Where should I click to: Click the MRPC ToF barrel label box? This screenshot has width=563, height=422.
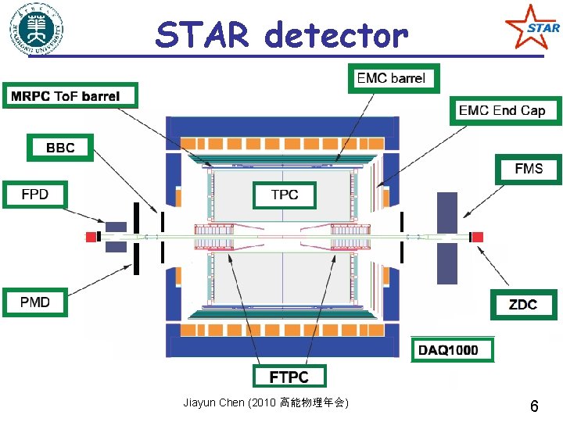70,96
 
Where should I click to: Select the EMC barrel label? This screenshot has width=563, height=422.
391,78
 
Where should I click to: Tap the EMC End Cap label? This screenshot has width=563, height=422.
501,110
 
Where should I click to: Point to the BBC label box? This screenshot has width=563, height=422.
60,147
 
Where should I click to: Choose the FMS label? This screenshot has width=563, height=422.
528,169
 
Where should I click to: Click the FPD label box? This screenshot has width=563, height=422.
35,194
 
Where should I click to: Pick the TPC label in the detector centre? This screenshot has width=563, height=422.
284,195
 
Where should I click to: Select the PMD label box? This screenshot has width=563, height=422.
35,302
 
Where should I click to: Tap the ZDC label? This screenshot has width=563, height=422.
523,303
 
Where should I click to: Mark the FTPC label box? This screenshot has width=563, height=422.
289,377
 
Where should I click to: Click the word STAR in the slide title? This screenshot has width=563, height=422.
203,35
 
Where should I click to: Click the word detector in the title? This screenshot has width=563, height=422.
336,35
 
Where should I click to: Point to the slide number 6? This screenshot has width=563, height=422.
534,406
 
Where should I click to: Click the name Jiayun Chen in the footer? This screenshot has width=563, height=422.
213,403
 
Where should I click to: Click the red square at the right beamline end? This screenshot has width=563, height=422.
476,237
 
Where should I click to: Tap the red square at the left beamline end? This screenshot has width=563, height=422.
91,236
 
